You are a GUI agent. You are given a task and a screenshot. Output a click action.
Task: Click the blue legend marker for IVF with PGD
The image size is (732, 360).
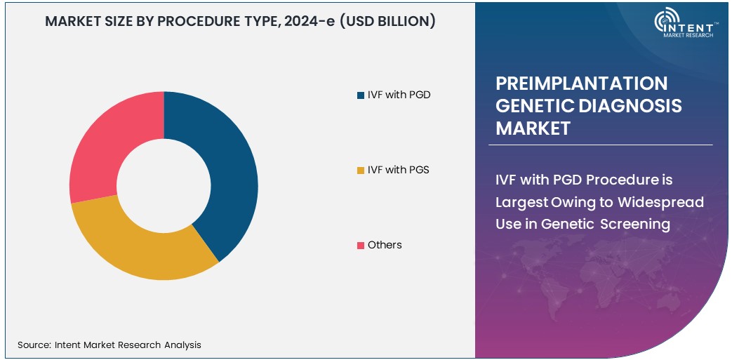pyautogui.click(x=361, y=95)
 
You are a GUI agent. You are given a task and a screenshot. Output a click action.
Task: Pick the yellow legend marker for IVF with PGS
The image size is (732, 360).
pyautogui.click(x=361, y=170)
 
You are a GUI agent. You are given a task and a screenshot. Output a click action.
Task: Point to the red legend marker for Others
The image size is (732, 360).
pyautogui.click(x=361, y=245)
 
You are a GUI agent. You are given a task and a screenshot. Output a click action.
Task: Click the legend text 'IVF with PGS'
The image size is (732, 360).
pyautogui.click(x=398, y=170)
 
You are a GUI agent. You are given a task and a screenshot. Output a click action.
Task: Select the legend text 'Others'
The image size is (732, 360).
pyautogui.click(x=385, y=245)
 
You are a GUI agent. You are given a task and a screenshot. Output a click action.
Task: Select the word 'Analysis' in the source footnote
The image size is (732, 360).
pyautogui.click(x=181, y=345)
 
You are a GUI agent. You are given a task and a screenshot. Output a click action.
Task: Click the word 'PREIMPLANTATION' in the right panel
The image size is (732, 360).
pyautogui.click(x=582, y=84)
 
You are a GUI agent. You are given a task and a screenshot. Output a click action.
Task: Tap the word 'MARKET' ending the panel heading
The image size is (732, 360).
pyautogui.click(x=533, y=128)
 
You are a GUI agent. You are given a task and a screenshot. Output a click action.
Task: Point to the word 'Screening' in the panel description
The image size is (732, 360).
pyautogui.click(x=638, y=225)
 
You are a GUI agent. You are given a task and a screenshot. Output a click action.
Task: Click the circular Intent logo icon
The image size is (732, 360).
pyautogui.click(x=666, y=22)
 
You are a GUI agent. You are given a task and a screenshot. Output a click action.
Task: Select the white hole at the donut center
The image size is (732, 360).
pyautogui.click(x=164, y=185)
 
